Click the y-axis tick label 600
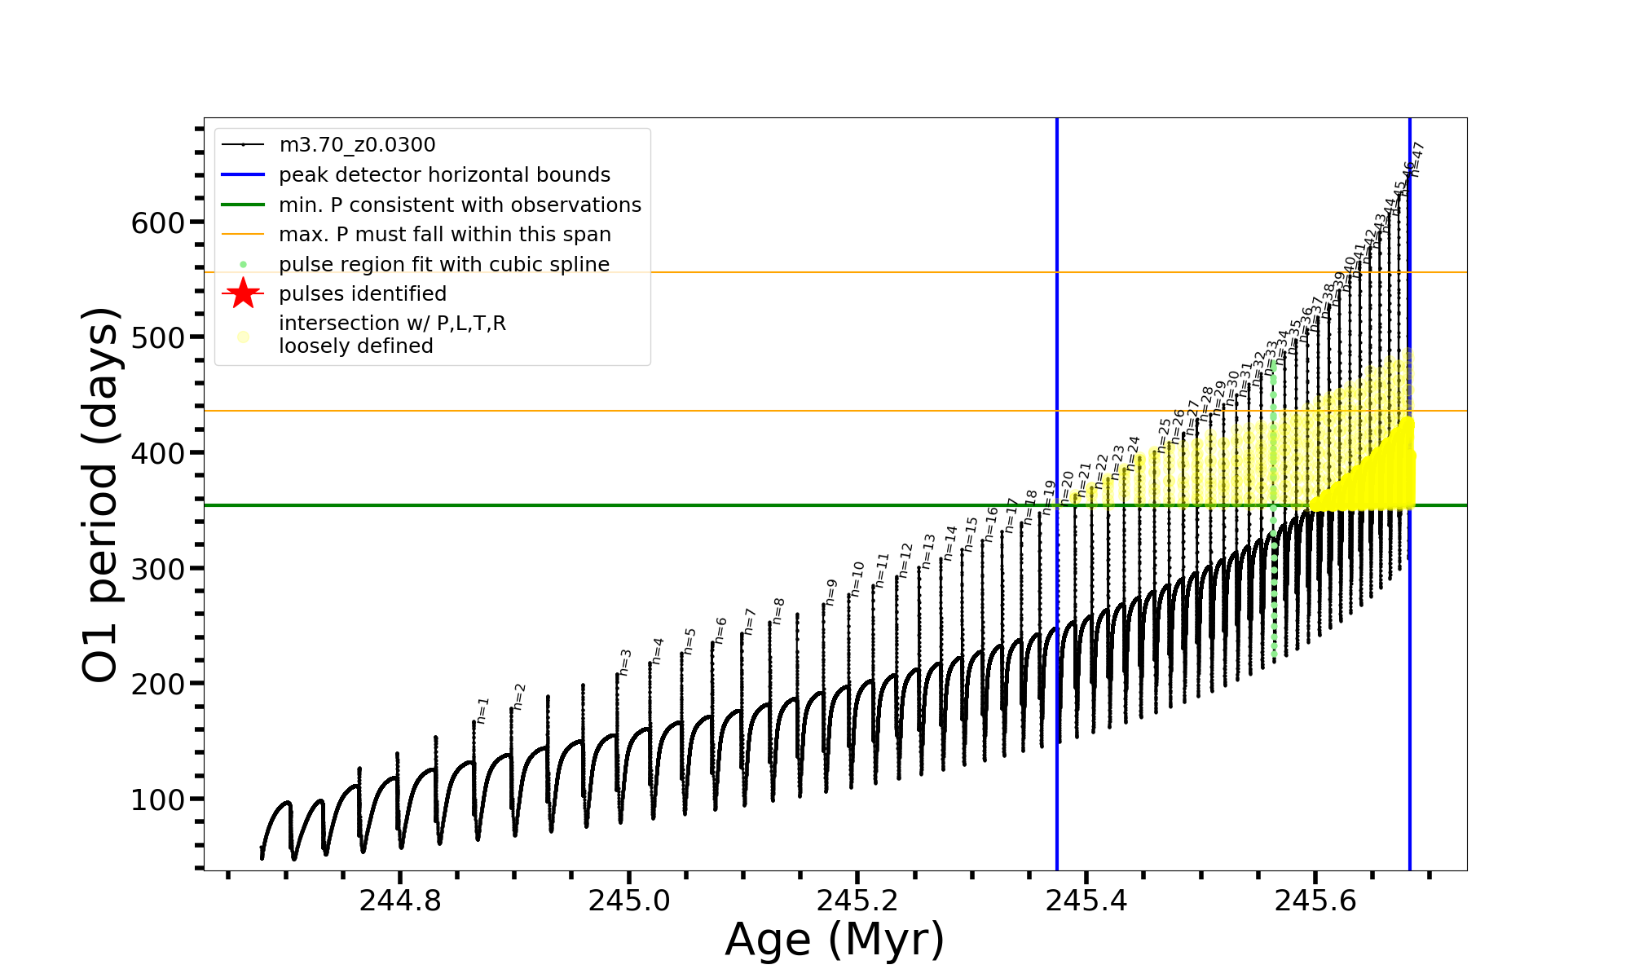click(x=158, y=222)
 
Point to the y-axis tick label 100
click(x=158, y=800)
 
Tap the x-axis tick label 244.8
click(x=399, y=901)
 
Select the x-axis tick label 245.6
click(x=1315, y=901)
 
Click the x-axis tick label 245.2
click(x=857, y=901)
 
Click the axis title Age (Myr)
click(x=835, y=940)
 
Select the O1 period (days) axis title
click(x=102, y=494)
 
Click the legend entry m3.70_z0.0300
click(x=357, y=145)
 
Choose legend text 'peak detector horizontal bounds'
click(x=444, y=175)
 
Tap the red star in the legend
click(x=243, y=293)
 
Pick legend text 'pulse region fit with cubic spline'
click(x=444, y=265)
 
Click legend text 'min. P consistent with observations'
click(x=460, y=205)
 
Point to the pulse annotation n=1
click(x=482, y=710)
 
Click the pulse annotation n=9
click(x=831, y=592)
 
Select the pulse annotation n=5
click(x=690, y=641)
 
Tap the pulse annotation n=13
click(x=928, y=551)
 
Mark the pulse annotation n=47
click(x=1417, y=159)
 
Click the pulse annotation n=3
click(x=625, y=662)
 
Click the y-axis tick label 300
click(x=158, y=569)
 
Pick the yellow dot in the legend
click(x=243, y=337)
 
